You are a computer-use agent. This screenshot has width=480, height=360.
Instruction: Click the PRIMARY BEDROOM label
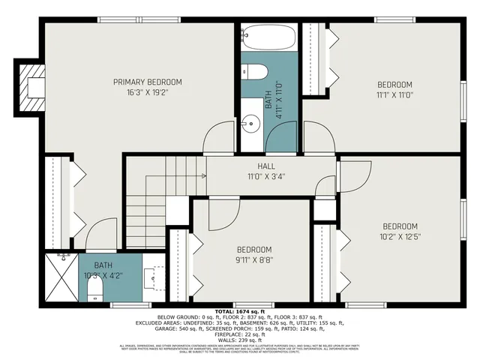(147, 82)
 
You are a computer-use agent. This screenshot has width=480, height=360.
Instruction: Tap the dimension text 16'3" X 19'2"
(147, 94)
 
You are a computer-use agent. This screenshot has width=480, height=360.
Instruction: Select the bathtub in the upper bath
(268, 37)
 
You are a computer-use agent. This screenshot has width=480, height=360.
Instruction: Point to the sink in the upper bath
(250, 120)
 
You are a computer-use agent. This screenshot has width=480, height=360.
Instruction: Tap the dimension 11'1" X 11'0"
(394, 95)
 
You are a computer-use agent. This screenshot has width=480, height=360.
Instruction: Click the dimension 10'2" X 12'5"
(400, 238)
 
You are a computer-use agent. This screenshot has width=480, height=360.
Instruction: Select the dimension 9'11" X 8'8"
(254, 261)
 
